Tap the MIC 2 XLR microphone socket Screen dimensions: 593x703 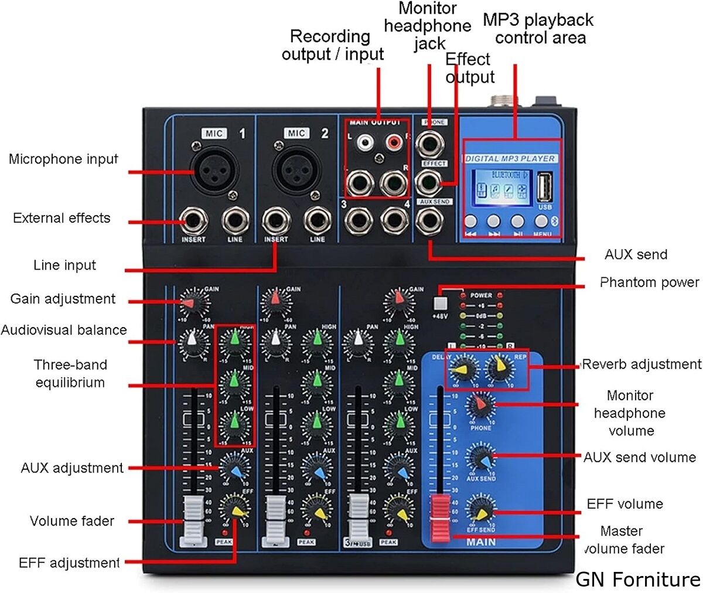pos(296,170)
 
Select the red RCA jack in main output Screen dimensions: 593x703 pos(393,142)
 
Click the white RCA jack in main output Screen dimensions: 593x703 pos(366,142)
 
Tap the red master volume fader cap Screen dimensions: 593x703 pos(441,517)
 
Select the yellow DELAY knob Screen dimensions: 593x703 pos(463,369)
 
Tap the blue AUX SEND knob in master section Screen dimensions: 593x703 pos(481,459)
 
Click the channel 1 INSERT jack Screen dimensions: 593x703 pos(193,221)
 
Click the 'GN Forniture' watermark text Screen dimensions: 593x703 pos(637,579)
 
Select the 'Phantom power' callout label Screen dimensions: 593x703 pos(649,282)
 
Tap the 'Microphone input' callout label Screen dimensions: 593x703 pos(63,159)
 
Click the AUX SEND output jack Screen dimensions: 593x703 pos(429,221)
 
